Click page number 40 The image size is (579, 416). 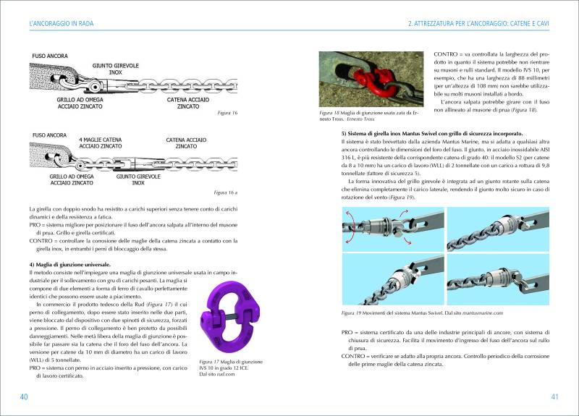tap(24, 396)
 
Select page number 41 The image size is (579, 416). tap(555, 396)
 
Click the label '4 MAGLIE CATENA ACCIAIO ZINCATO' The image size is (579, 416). tap(101, 142)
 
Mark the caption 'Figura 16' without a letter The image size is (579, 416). tap(228, 114)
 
